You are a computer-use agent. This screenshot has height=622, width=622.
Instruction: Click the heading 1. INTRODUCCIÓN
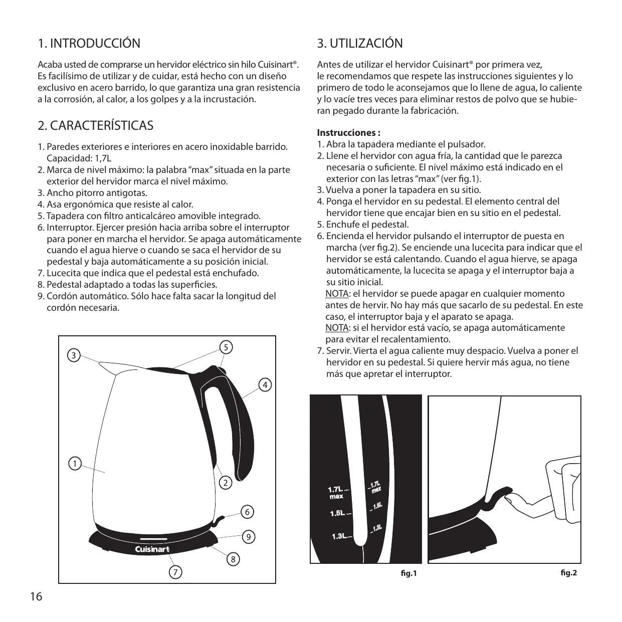[x=89, y=44]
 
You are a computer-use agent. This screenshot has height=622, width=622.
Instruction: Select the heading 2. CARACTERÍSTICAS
[x=96, y=125]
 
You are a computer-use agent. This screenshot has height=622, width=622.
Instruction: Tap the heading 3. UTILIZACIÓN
[x=360, y=44]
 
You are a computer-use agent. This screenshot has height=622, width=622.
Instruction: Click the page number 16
[x=36, y=597]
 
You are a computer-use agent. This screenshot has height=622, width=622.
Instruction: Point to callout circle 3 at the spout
[x=74, y=356]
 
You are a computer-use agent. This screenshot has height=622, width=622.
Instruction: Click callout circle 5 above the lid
[x=227, y=347]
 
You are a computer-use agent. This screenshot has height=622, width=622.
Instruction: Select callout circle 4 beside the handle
[x=265, y=385]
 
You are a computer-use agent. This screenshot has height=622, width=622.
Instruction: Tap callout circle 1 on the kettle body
[x=75, y=464]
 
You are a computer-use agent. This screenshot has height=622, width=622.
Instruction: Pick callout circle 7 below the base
[x=175, y=571]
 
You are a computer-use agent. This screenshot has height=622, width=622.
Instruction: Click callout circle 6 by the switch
[x=247, y=512]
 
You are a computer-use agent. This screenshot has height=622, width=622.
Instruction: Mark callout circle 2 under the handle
[x=226, y=483]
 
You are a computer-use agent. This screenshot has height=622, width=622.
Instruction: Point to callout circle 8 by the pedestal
[x=233, y=559]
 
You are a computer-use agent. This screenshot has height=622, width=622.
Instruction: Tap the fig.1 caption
[x=409, y=573]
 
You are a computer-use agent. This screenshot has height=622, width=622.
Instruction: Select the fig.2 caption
[x=568, y=572]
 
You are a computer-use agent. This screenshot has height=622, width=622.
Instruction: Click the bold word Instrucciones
[x=348, y=133]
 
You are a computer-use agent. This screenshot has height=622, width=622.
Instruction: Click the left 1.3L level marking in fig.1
[x=339, y=537]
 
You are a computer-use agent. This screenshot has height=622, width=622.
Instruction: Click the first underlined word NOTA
[x=337, y=294]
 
